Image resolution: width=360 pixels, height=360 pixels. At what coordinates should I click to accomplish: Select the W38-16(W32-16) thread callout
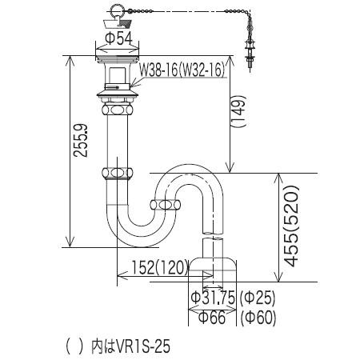[182, 70]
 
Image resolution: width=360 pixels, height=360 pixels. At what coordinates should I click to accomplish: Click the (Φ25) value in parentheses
[258, 298]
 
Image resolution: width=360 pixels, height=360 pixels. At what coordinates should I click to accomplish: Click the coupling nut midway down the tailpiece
[118, 171]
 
